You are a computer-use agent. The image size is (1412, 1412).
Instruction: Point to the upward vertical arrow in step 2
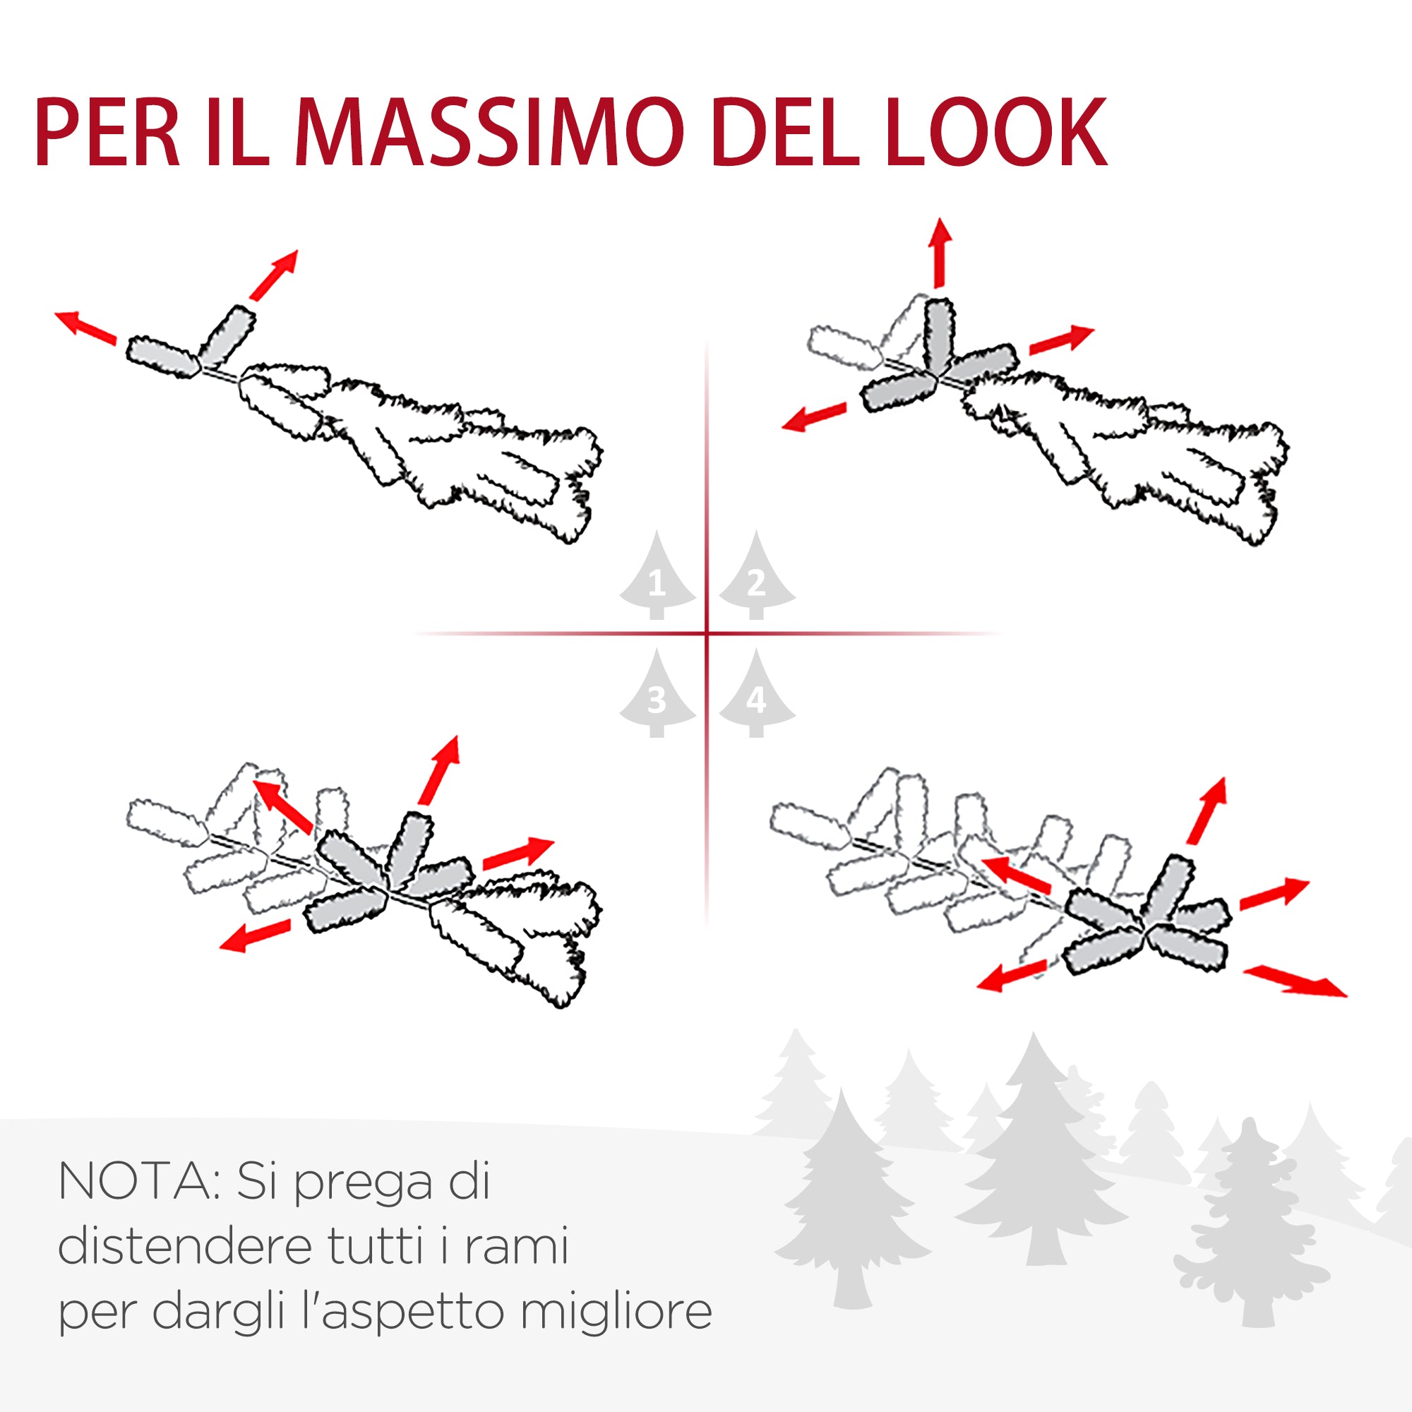pos(940,252)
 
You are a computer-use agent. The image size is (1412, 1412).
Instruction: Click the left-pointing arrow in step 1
pos(85,327)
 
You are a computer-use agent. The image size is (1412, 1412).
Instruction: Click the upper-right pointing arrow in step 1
pos(274,275)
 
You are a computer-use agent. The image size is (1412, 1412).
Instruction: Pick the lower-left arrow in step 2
pos(813,417)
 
